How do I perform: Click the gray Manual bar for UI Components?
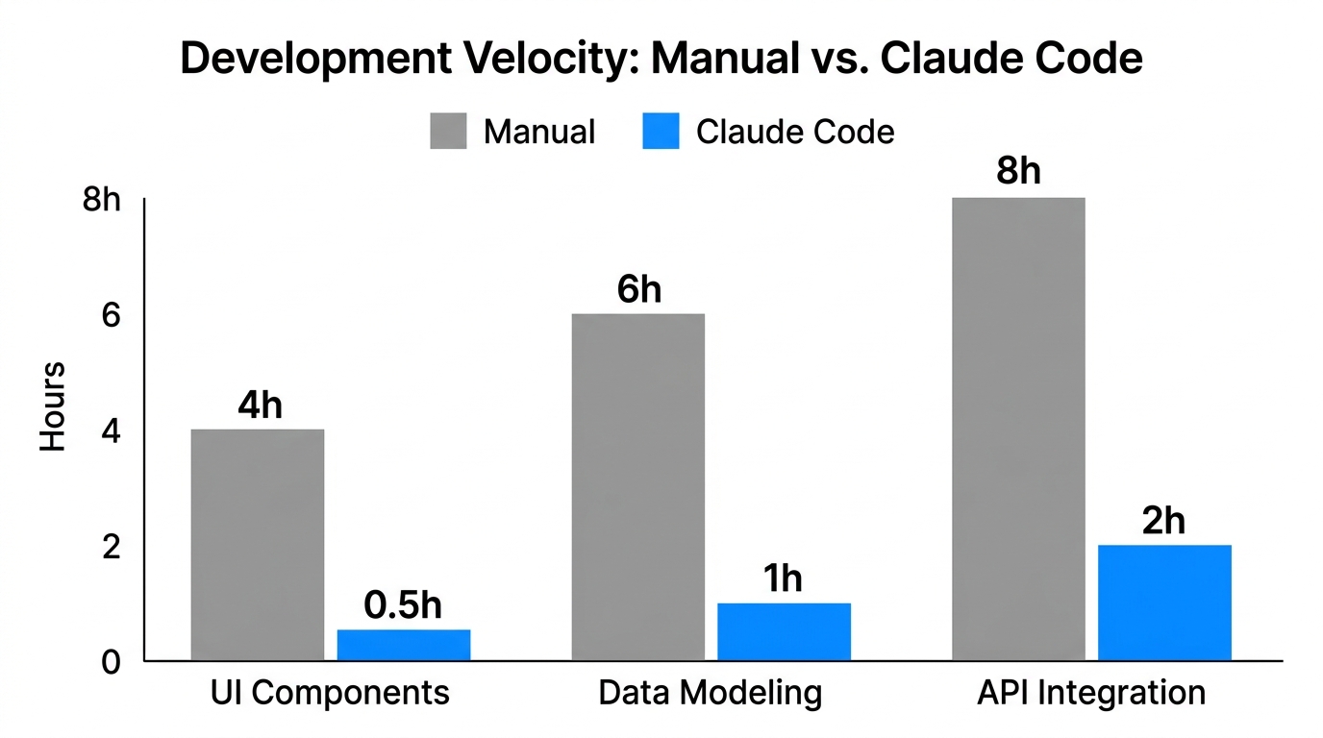coord(257,545)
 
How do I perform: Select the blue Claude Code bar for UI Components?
coord(404,645)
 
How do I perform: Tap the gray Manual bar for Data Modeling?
coord(637,487)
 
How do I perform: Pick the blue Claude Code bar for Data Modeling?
coord(784,631)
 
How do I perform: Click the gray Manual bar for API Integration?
coord(1018,430)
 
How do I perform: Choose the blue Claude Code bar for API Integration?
coord(1164,603)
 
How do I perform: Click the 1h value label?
coord(783,579)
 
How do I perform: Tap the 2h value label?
coord(1163,522)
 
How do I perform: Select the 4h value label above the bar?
coord(260,406)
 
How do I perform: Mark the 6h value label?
coord(639,289)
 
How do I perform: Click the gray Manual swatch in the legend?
coord(448,132)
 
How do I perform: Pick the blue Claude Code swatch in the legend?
coord(661,132)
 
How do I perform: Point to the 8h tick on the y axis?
coord(101,201)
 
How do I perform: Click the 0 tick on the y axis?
coord(112,662)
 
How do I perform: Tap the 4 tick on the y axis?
coord(112,431)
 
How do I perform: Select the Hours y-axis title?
coord(53,406)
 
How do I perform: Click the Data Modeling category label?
coord(710,693)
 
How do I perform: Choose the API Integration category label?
coord(1090,693)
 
